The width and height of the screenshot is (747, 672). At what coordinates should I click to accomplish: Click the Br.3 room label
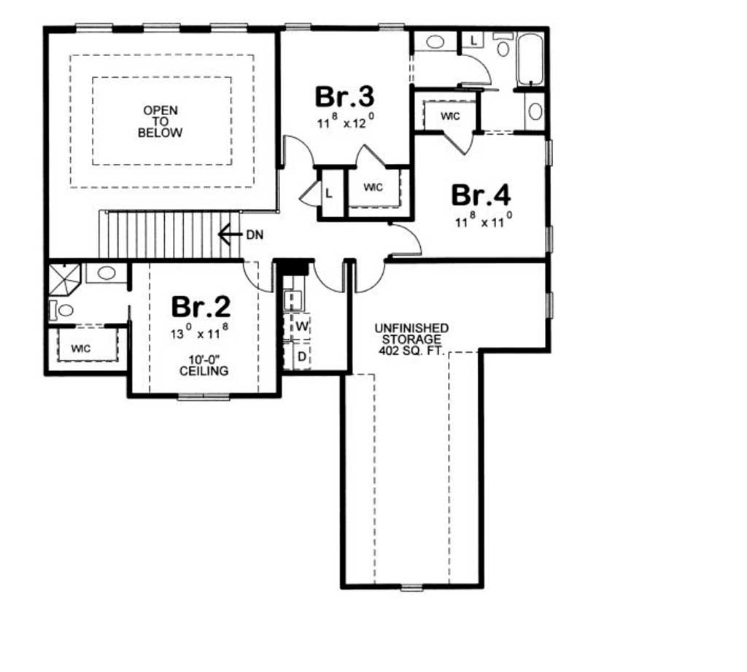pos(344,97)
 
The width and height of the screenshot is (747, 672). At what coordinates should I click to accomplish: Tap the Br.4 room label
pos(481,195)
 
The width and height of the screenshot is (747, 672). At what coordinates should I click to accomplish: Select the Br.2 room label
pos(201,307)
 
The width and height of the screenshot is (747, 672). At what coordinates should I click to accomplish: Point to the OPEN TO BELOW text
pos(160,122)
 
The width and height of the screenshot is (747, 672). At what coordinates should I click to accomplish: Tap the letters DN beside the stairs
pos(255,235)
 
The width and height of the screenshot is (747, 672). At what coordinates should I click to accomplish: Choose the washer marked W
pos(301,327)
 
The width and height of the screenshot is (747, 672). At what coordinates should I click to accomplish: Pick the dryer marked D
pos(301,356)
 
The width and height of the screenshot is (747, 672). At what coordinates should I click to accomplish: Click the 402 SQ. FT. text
pos(411,351)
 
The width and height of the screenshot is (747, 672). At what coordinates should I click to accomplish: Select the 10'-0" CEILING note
pos(204,365)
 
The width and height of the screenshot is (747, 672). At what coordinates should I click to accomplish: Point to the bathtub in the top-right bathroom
pos(530,60)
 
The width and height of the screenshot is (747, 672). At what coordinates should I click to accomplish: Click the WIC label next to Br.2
pos(80,349)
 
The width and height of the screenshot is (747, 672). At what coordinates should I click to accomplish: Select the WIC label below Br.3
pos(373,187)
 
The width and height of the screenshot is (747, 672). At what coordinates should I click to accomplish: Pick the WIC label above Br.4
pos(450,116)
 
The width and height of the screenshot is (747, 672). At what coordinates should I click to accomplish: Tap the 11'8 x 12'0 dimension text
pos(344,122)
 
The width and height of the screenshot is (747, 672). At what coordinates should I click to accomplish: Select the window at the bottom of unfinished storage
pos(411,587)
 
